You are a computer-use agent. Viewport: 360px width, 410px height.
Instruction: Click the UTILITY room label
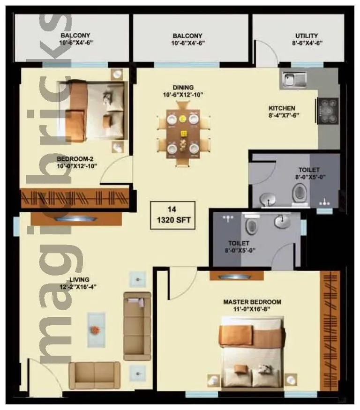coord(307,36)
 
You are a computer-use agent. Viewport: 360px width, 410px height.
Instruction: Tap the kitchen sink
coord(293,79)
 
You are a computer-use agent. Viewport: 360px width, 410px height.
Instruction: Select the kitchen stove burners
coord(329,111)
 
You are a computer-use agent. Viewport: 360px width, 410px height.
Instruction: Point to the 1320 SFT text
coord(173,221)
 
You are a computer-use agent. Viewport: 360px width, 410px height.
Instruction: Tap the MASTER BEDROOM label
coord(252,302)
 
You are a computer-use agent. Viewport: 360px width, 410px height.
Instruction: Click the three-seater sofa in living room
coord(137,325)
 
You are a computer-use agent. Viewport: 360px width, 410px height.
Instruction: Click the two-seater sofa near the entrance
coord(94,375)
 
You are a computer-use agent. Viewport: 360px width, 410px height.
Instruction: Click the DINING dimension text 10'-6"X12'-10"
coord(182,94)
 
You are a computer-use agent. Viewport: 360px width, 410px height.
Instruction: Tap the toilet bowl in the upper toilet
coord(300,193)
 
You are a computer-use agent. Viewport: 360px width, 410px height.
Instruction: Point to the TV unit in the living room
coord(76,218)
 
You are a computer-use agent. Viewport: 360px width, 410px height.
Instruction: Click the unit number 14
coord(173,209)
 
